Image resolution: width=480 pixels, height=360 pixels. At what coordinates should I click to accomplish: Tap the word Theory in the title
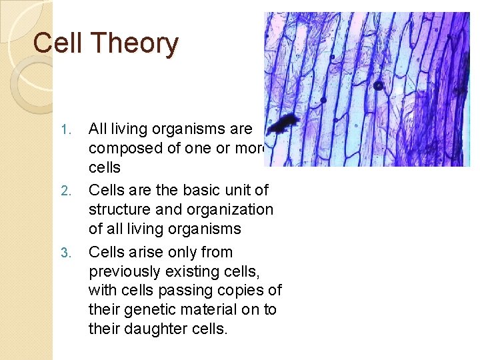135,44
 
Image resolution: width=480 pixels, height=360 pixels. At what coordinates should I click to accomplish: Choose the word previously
123,271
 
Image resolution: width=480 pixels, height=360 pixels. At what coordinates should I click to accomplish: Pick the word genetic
147,310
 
